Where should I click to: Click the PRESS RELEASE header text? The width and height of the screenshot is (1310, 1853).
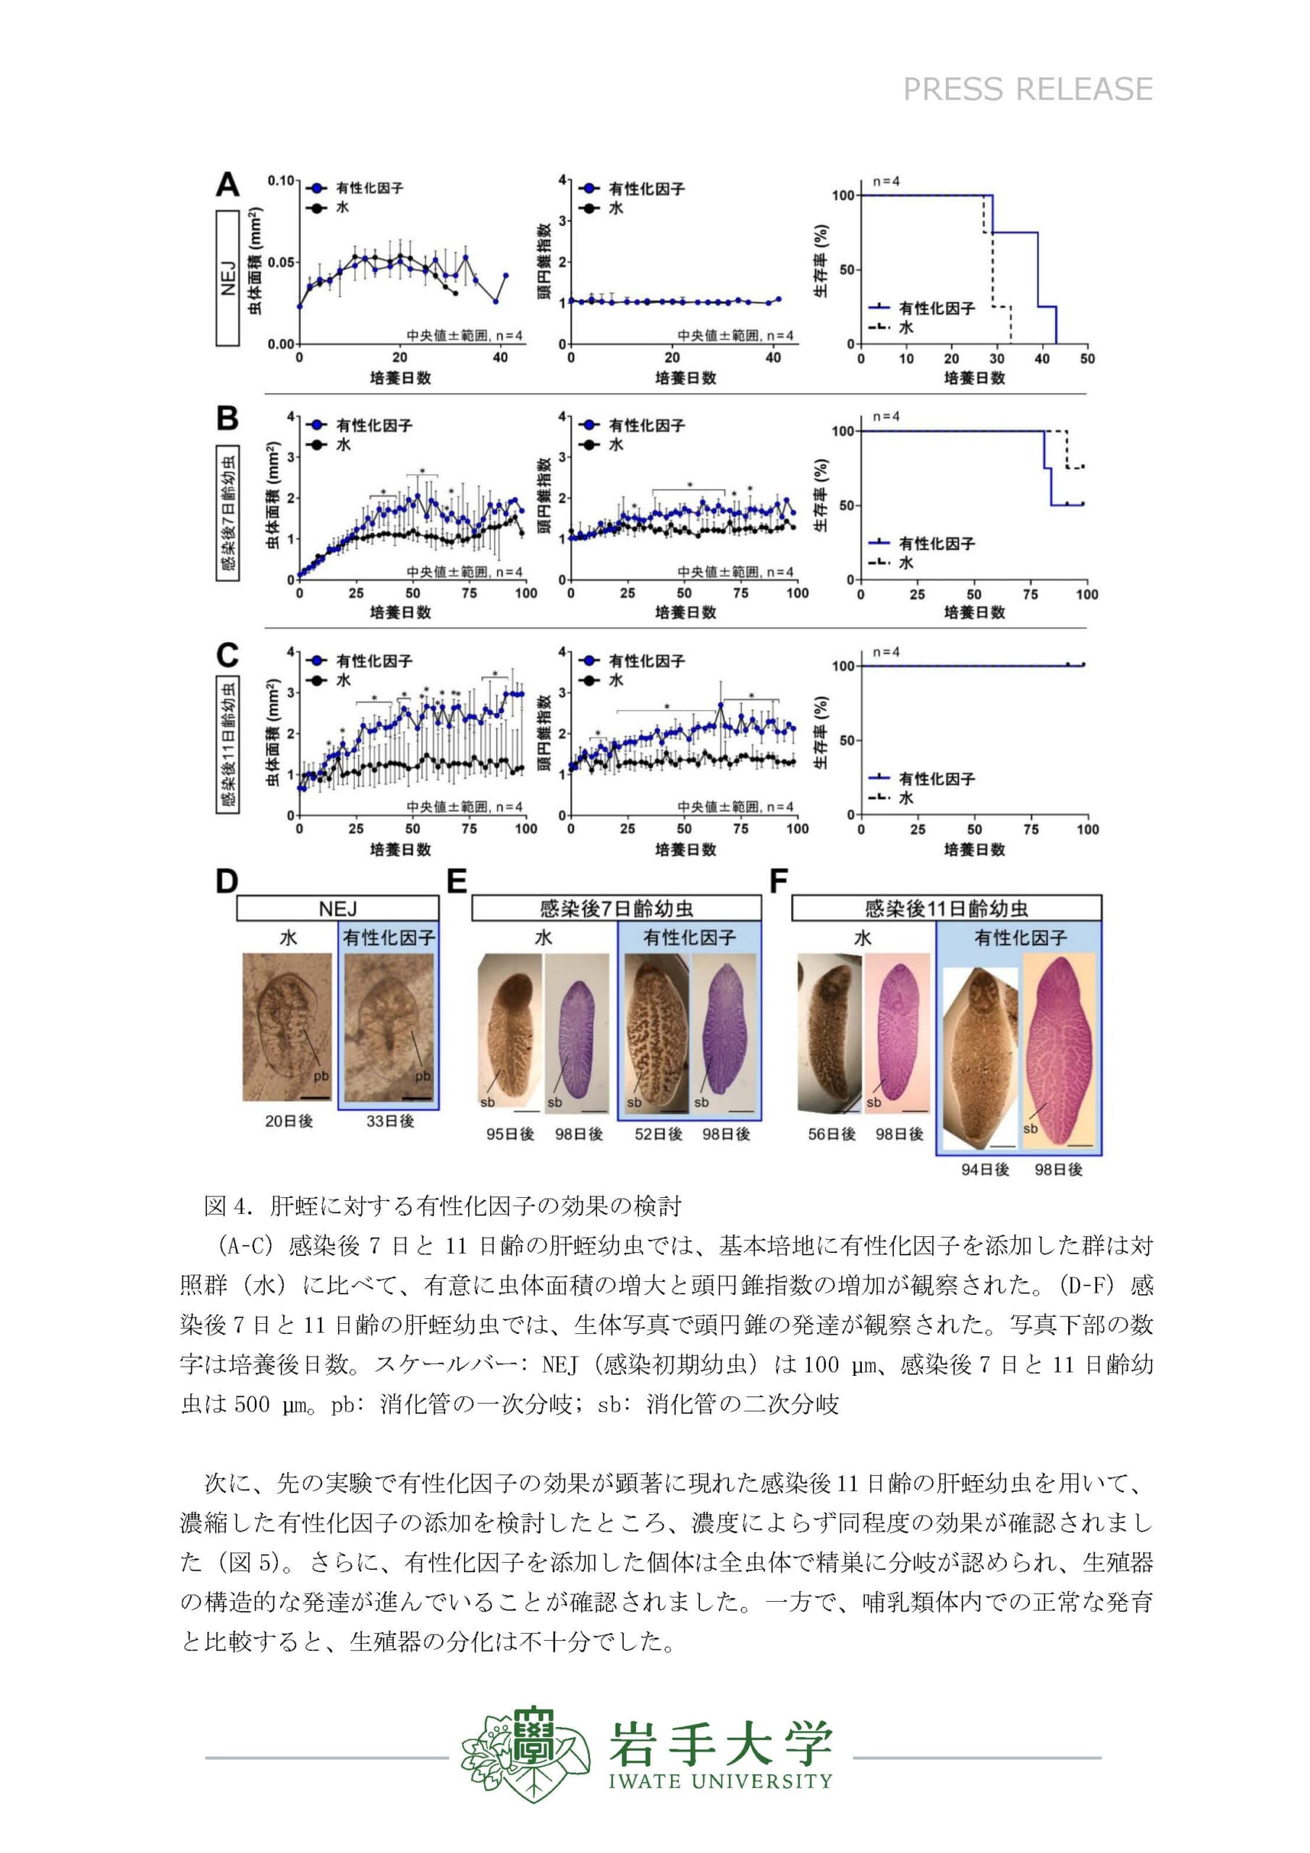pos(1028,89)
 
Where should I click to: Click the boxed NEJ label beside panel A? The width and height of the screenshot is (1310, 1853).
pos(227,279)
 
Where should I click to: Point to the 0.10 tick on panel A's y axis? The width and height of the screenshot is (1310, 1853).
pos(281,180)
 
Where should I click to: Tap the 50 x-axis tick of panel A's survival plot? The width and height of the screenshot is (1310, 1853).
pos(1087,358)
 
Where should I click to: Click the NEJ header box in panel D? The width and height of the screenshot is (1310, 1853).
pos(337,908)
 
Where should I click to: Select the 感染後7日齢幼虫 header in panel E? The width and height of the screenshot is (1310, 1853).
pos(617,908)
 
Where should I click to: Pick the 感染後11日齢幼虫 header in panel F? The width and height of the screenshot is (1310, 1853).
pos(946,908)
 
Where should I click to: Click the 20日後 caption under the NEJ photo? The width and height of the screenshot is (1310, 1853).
pos(288,1121)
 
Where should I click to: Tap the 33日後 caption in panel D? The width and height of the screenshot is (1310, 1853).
pos(390,1121)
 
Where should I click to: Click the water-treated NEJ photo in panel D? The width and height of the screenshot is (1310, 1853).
pos(287,1026)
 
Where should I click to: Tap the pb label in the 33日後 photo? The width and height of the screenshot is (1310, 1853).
pos(422,1076)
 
